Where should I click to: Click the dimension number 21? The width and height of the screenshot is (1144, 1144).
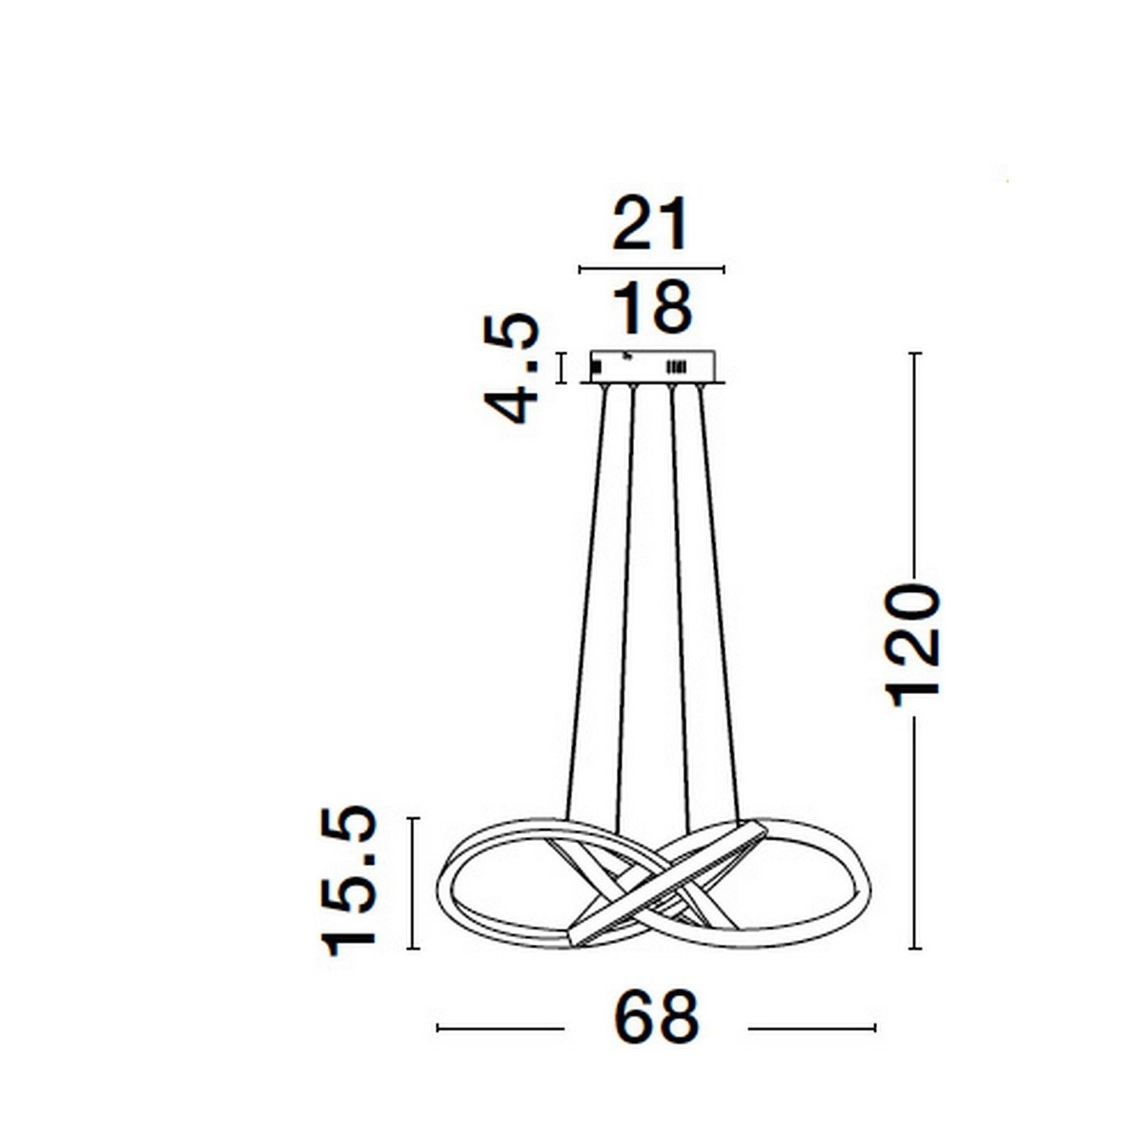649,225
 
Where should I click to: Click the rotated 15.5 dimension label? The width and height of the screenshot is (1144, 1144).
350,881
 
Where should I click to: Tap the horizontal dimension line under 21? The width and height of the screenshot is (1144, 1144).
651,270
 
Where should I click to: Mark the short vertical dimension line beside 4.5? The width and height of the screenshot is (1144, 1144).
562,368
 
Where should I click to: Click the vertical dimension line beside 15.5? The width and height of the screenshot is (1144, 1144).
413,883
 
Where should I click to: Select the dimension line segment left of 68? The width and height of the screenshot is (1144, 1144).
500,1028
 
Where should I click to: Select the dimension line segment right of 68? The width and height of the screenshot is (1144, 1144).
811,1028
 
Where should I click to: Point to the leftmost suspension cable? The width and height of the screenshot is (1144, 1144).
584,601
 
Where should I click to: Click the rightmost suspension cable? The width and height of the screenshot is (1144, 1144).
719,601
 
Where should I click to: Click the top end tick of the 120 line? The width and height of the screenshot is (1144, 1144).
915,354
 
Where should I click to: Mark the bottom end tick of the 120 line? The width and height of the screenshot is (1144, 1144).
915,949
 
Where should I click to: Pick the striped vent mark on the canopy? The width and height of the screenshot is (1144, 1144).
675,366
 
